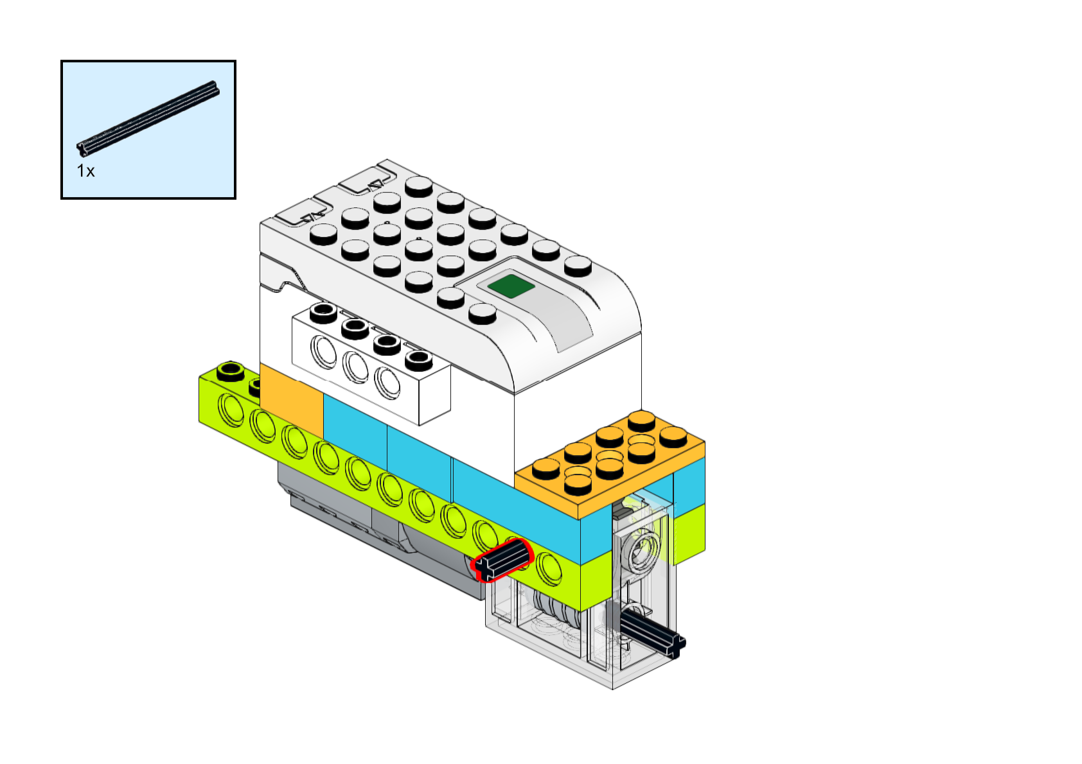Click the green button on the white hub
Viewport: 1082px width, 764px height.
511,286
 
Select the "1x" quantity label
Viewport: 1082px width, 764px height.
85,171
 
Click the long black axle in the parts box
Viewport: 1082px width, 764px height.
148,118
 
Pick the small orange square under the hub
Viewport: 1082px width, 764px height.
291,399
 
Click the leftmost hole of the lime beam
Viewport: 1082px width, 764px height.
231,410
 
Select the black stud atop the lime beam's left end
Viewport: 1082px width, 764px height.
231,371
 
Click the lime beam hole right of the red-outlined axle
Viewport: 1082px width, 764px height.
549,568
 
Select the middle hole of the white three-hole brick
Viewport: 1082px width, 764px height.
355,367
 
